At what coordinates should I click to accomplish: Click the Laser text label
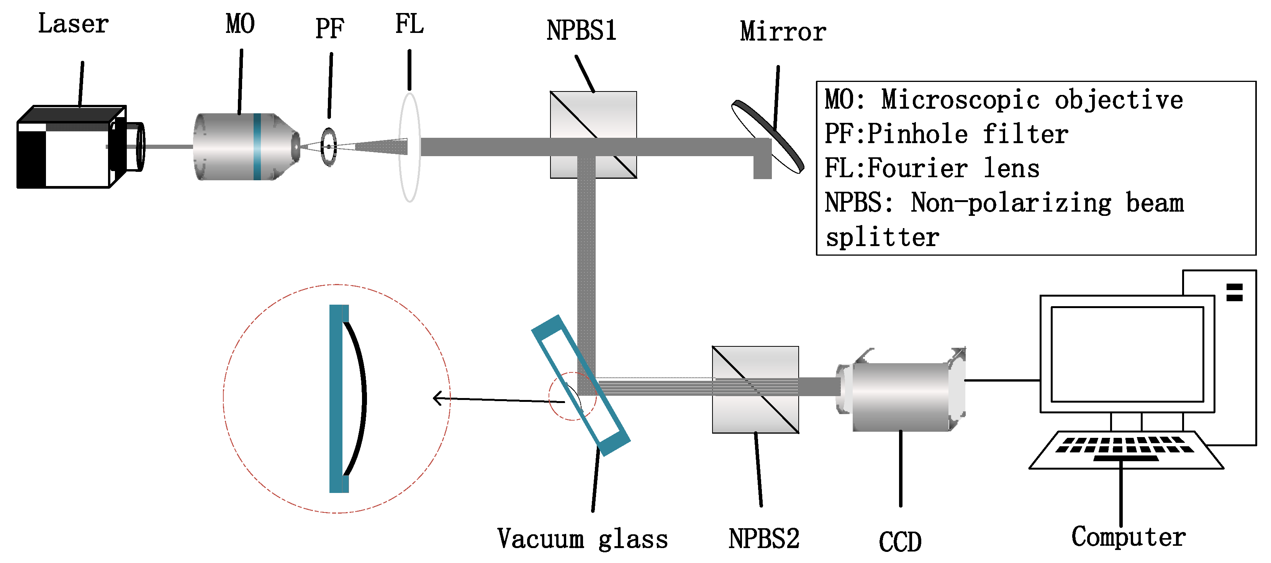pos(73,24)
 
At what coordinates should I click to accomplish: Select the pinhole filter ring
pos(329,147)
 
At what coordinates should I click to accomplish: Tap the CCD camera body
pos(901,397)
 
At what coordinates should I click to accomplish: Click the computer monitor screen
pos(1127,354)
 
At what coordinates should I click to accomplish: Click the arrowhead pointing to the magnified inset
pos(436,397)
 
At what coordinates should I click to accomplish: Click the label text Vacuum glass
pos(582,539)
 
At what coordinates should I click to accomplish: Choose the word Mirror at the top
pos(783,31)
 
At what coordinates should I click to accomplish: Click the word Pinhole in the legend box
pos(917,134)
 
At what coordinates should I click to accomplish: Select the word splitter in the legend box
pos(882,238)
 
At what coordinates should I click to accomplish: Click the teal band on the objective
pos(257,147)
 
